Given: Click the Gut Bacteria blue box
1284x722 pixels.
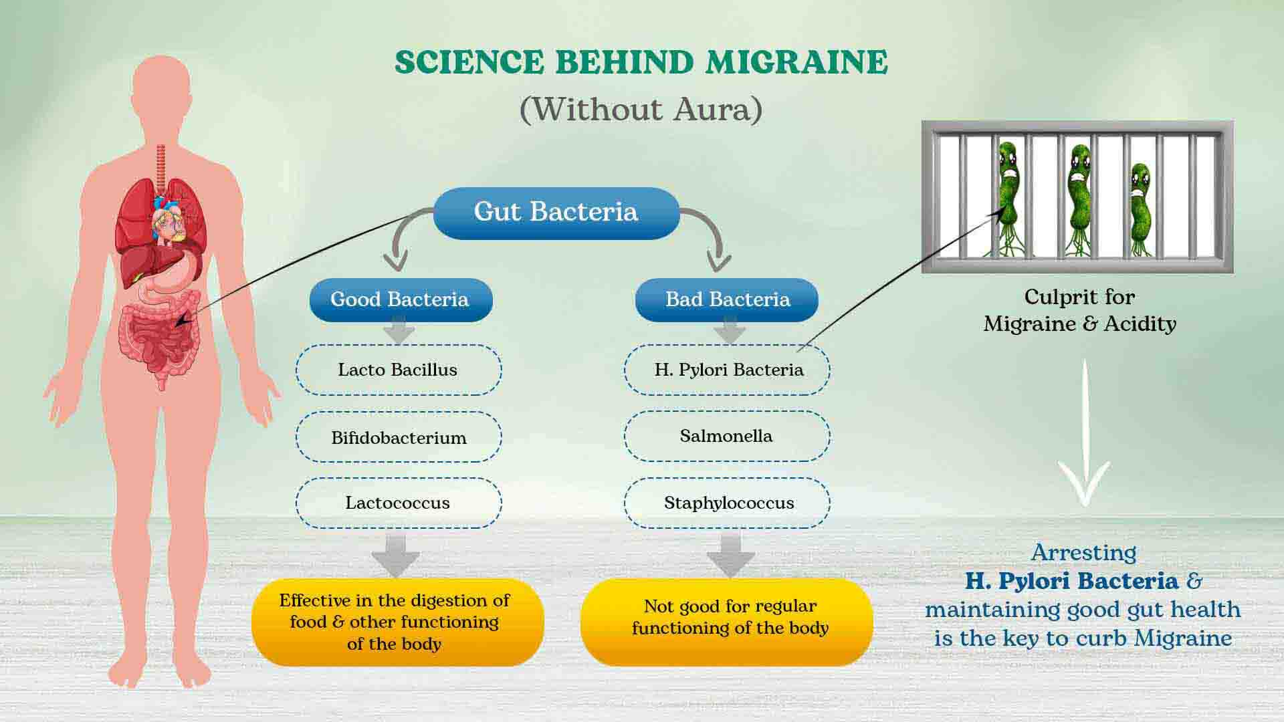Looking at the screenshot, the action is tap(556, 213).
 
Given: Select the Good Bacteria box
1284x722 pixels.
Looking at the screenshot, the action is tap(401, 299).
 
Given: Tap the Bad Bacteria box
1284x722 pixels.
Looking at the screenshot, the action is tap(727, 299).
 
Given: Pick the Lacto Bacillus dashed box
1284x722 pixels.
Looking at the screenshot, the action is tap(399, 370).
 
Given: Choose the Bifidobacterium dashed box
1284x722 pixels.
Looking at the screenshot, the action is tap(399, 437).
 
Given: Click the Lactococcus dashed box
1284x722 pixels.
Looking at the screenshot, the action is tap(399, 503).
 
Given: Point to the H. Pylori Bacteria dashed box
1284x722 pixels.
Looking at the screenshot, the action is tap(727, 370).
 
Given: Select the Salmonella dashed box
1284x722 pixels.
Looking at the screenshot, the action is tap(727, 437).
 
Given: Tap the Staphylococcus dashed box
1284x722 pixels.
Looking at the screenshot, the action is tap(727, 503).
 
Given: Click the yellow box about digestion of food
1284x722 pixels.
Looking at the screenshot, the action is tap(398, 622).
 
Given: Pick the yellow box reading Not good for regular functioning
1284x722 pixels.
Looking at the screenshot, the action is tap(727, 622).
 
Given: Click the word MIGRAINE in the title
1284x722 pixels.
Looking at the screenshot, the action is tap(797, 62).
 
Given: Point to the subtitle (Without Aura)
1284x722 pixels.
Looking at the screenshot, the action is tap(641, 110).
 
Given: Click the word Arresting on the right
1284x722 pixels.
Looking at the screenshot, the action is tap(1083, 553).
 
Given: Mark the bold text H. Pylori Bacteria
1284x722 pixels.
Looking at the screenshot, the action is tap(1071, 581).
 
